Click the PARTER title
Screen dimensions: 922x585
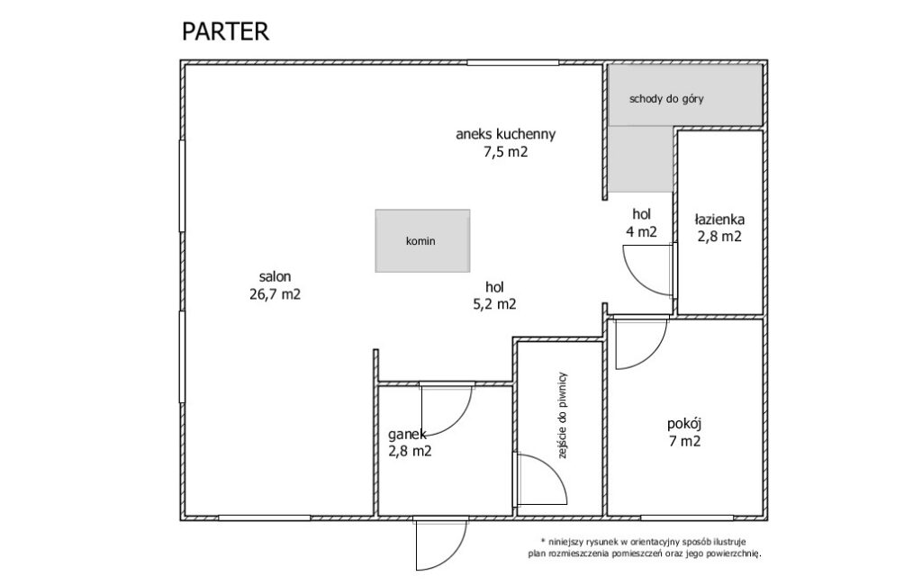225,31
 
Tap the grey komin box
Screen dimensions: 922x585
422,240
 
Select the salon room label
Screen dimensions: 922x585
276,276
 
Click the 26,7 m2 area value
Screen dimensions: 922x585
276,294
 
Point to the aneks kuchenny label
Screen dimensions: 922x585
506,134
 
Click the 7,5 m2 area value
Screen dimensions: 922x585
506,152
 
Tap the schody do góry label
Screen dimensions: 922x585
666,99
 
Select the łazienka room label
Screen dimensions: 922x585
719,220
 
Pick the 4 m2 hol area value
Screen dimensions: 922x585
641,232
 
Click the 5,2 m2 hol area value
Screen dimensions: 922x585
494,304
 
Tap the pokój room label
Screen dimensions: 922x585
684,424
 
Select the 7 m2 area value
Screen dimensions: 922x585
684,442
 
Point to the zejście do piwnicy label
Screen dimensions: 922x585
562,415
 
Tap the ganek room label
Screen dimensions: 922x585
407,435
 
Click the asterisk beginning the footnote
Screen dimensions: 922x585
543,541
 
